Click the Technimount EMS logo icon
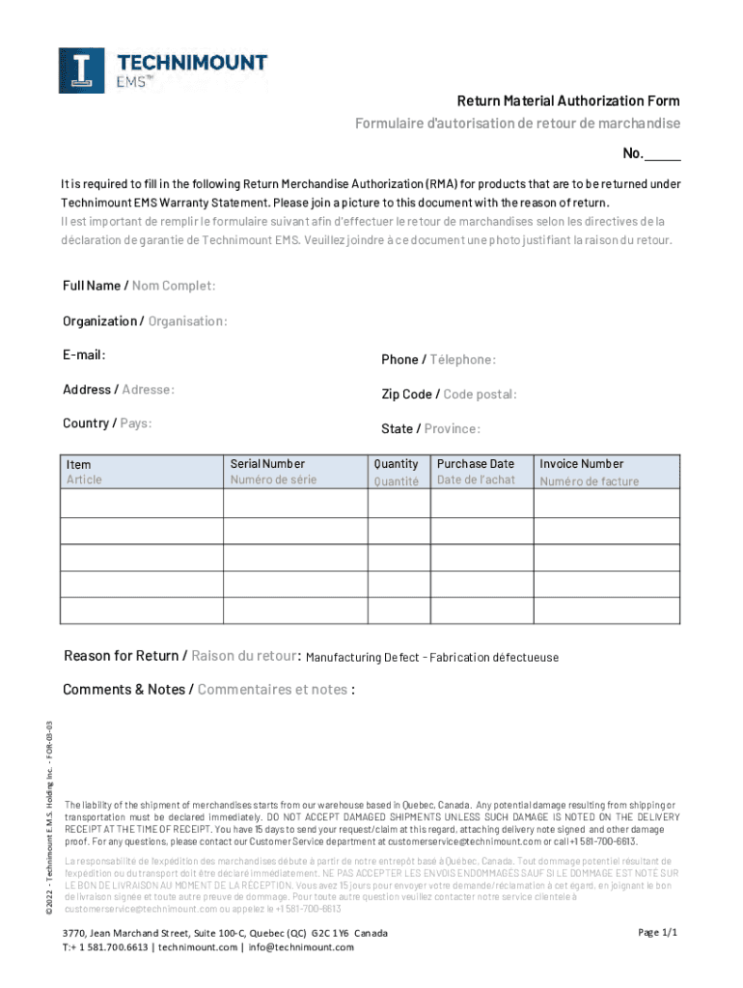point(81,70)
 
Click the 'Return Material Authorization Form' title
point(568,101)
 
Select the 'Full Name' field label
point(139,286)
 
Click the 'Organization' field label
point(145,321)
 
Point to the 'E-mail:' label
point(84,355)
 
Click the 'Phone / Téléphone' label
point(438,360)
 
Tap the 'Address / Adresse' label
point(119,390)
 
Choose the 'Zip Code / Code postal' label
point(449,395)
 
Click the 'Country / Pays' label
point(107,424)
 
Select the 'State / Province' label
point(430,429)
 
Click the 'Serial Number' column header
point(267,464)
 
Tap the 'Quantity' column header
point(396,464)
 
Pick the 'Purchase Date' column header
point(476,464)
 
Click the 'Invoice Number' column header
point(581,464)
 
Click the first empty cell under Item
point(141,504)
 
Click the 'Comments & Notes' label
point(207,690)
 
